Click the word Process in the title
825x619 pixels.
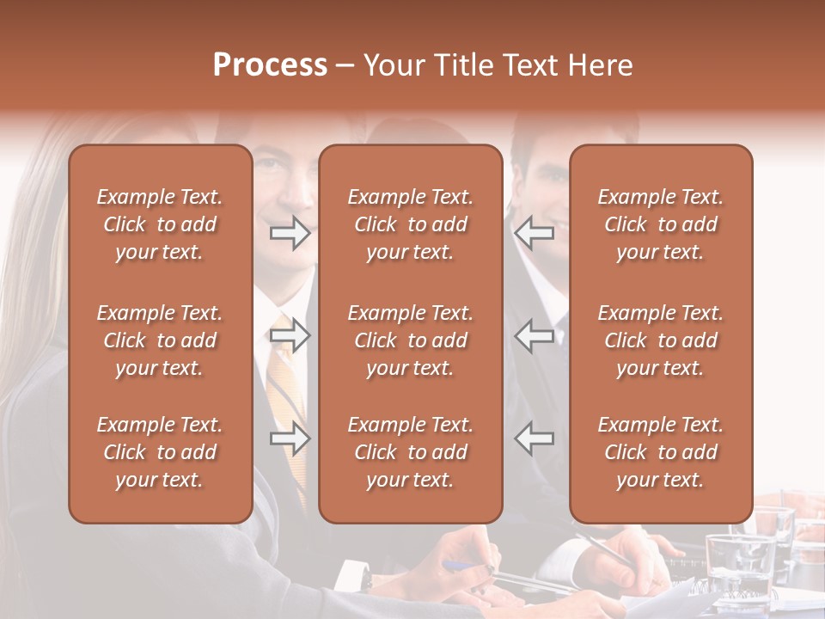pos(270,65)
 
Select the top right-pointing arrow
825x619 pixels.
pos(290,232)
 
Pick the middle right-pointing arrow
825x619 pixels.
pos(290,335)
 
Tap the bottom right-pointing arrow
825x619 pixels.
pos(290,438)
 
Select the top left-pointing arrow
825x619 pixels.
pos(535,232)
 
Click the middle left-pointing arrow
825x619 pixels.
pos(535,335)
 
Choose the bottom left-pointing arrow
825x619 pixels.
pos(535,438)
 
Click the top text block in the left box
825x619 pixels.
pos(160,224)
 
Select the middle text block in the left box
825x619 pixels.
pos(160,340)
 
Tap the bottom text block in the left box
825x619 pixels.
pos(160,452)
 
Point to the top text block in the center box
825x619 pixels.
pos(410,224)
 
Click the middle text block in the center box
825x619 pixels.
pos(410,340)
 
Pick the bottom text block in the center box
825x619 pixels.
pos(410,452)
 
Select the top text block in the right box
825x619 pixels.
pos(660,224)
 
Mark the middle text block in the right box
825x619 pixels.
pos(660,340)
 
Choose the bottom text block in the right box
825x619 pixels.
pos(660,452)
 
